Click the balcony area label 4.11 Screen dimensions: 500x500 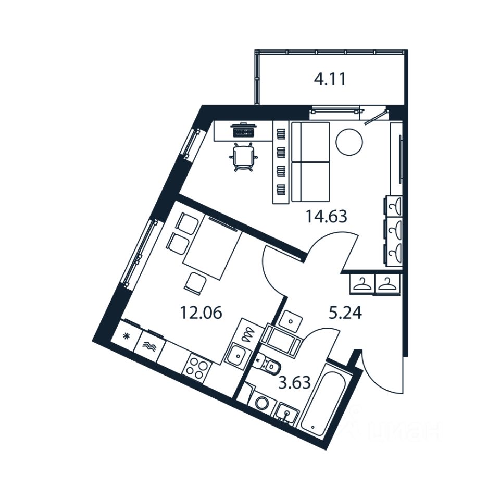click(x=330, y=80)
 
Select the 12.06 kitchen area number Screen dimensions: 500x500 click(x=201, y=312)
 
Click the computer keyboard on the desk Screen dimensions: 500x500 click(x=243, y=132)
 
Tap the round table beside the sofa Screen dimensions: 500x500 click(x=348, y=141)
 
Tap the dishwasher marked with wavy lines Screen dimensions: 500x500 click(x=149, y=345)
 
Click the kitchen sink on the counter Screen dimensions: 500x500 click(x=236, y=356)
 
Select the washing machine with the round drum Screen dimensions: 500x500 click(x=260, y=403)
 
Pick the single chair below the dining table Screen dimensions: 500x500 click(x=195, y=283)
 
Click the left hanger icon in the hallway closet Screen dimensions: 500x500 click(x=360, y=284)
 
